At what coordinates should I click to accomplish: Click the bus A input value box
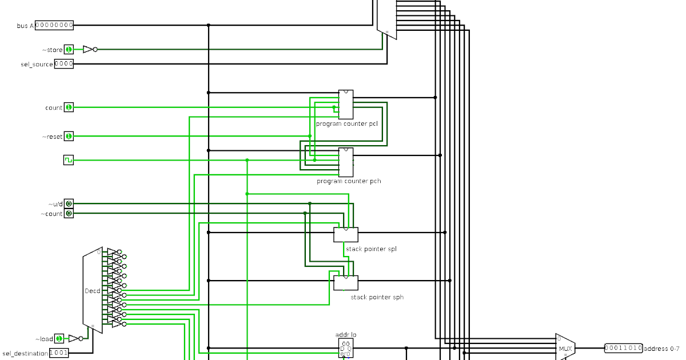pyautogui.click(x=54, y=25)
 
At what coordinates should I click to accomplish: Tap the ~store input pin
pyautogui.click(x=69, y=50)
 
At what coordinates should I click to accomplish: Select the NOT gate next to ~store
pyautogui.click(x=89, y=50)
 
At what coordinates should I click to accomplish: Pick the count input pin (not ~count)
pyautogui.click(x=69, y=107)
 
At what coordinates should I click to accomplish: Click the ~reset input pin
pyautogui.click(x=69, y=137)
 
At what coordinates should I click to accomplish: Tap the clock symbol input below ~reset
pyautogui.click(x=69, y=161)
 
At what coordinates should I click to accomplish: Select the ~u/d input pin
pyautogui.click(x=69, y=204)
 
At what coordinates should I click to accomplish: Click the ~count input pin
pyautogui.click(x=69, y=214)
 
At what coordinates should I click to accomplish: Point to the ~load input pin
pyautogui.click(x=59, y=339)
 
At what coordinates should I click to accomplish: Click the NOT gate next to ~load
pyautogui.click(x=75, y=339)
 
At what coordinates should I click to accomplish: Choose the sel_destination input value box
pyautogui.click(x=59, y=353)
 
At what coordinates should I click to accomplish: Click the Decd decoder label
pyautogui.click(x=92, y=291)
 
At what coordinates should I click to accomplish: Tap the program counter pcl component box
pyautogui.click(x=345, y=105)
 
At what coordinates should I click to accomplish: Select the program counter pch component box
pyautogui.click(x=345, y=162)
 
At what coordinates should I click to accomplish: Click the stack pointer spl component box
pyautogui.click(x=346, y=234)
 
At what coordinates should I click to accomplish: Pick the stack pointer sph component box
pyautogui.click(x=346, y=282)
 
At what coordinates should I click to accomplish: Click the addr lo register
pyautogui.click(x=345, y=348)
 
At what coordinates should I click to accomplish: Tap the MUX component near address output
pyautogui.click(x=565, y=348)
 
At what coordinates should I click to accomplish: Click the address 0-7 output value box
pyautogui.click(x=623, y=348)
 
